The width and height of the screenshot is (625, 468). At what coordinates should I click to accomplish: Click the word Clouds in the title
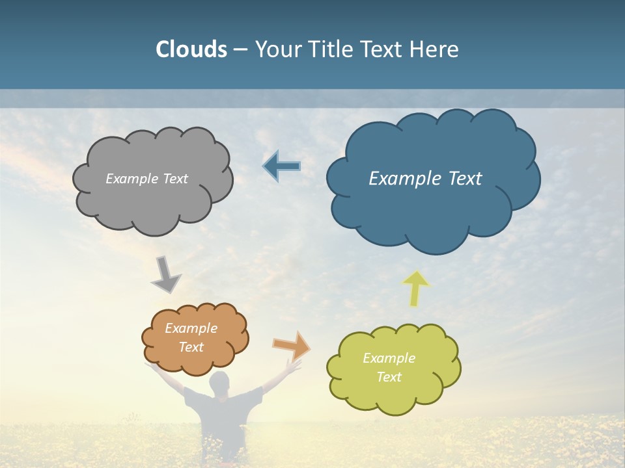(x=191, y=49)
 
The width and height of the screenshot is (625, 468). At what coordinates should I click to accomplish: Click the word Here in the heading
(x=437, y=49)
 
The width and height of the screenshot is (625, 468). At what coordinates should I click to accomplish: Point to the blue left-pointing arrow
(x=281, y=166)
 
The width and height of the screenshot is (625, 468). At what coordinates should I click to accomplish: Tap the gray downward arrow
(x=165, y=275)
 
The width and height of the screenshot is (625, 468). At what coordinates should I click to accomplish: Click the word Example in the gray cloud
(x=130, y=179)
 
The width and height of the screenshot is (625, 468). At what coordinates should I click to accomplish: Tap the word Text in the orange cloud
(x=191, y=347)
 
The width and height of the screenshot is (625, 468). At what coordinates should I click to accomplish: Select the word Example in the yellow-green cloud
(x=389, y=358)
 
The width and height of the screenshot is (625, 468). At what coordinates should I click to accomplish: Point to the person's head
(x=219, y=382)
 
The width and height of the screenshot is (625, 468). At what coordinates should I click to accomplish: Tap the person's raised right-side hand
(x=295, y=367)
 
